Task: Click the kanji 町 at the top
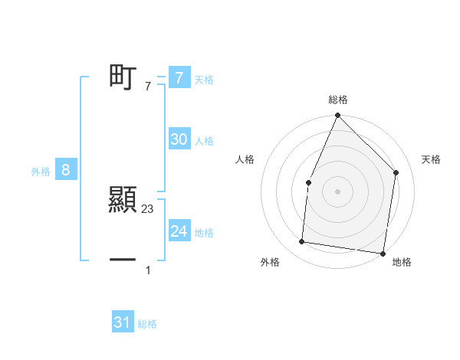123,77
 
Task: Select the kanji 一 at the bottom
123,260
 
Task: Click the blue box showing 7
179,78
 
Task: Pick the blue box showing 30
179,139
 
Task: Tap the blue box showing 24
179,231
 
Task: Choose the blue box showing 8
66,170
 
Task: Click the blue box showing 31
123,322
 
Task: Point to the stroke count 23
148,208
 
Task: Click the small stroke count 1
148,270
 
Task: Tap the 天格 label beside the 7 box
204,80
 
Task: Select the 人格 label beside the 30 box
204,141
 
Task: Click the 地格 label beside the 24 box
204,233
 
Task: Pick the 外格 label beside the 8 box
41,172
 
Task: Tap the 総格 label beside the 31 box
147,324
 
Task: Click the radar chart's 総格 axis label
338,100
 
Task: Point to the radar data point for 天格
396,172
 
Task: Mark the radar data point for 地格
383,253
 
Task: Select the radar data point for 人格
308,182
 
